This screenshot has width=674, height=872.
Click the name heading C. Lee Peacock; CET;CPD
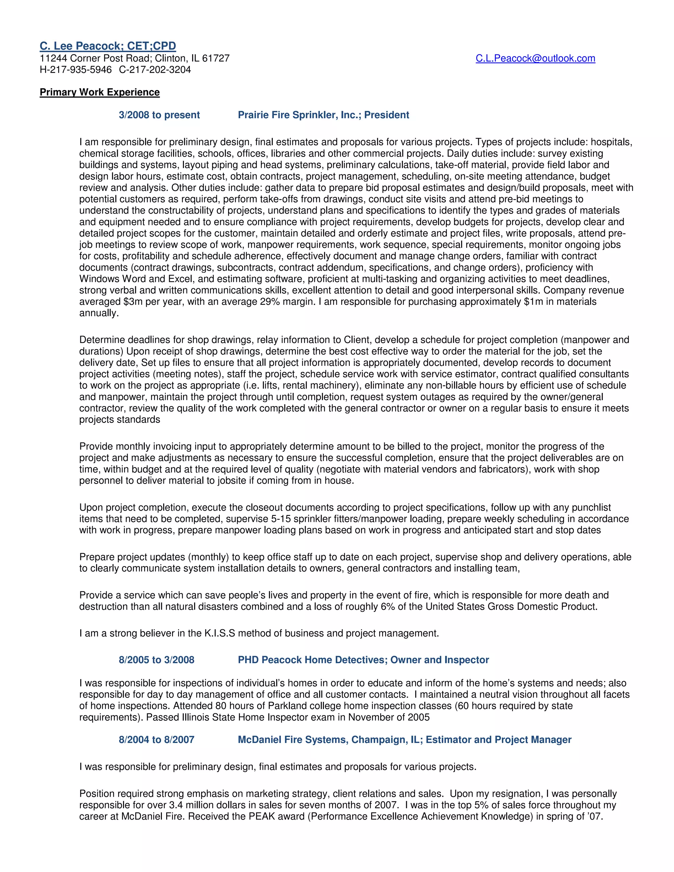tap(108, 46)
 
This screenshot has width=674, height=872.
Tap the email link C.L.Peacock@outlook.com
tap(535, 58)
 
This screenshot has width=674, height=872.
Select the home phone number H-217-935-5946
tap(75, 70)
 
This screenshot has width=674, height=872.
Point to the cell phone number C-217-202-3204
tap(155, 70)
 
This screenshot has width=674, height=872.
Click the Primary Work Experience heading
tap(99, 92)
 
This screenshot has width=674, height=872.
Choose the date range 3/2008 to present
tap(159, 115)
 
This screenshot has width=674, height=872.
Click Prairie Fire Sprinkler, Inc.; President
tap(324, 115)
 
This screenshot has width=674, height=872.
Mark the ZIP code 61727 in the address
tap(216, 58)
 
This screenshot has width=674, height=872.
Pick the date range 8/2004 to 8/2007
tap(157, 740)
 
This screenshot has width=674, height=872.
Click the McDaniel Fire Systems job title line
tap(404, 740)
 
